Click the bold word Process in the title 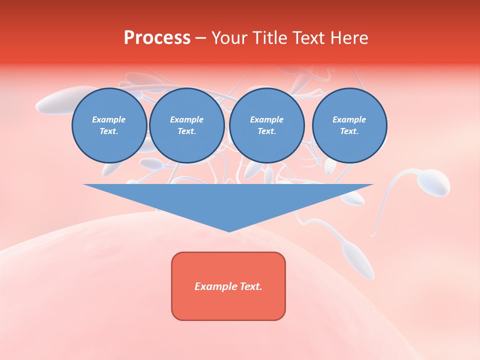coord(157,38)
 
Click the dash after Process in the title coord(201,38)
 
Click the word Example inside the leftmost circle coord(109,119)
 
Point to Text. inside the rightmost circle coord(349,131)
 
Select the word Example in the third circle coord(266,119)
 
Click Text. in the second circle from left coord(187,131)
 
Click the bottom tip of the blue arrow coord(228,230)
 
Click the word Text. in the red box coord(251,286)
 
